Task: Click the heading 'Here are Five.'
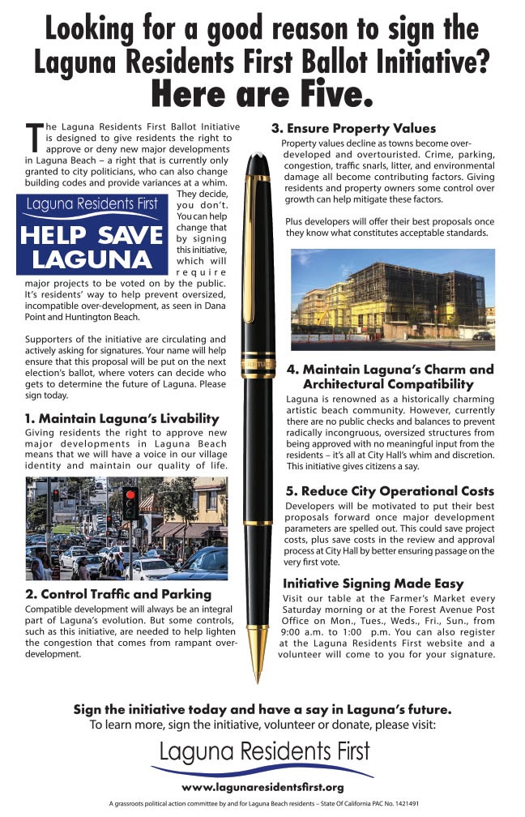point(262,96)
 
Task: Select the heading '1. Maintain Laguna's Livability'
point(122,418)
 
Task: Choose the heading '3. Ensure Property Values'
point(353,128)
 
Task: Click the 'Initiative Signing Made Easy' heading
point(373,584)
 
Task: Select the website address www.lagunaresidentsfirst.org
point(262,787)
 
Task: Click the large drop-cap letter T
point(33,138)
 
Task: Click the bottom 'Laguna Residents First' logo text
point(263,750)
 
